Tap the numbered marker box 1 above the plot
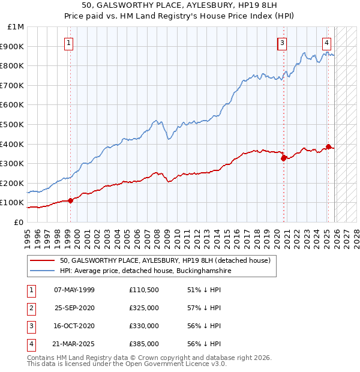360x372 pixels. tap(69, 43)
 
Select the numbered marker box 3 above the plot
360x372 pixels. tap(281, 43)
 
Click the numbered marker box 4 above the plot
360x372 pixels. tap(326, 43)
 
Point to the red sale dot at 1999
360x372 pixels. tap(70, 200)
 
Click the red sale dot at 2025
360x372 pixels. tap(328, 146)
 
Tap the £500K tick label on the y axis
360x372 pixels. tap(12, 124)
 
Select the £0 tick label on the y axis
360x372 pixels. tap(18, 222)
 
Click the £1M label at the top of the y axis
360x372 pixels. tap(16, 27)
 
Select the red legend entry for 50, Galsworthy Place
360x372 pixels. tap(165, 260)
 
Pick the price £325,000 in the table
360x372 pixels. tap(144, 308)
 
